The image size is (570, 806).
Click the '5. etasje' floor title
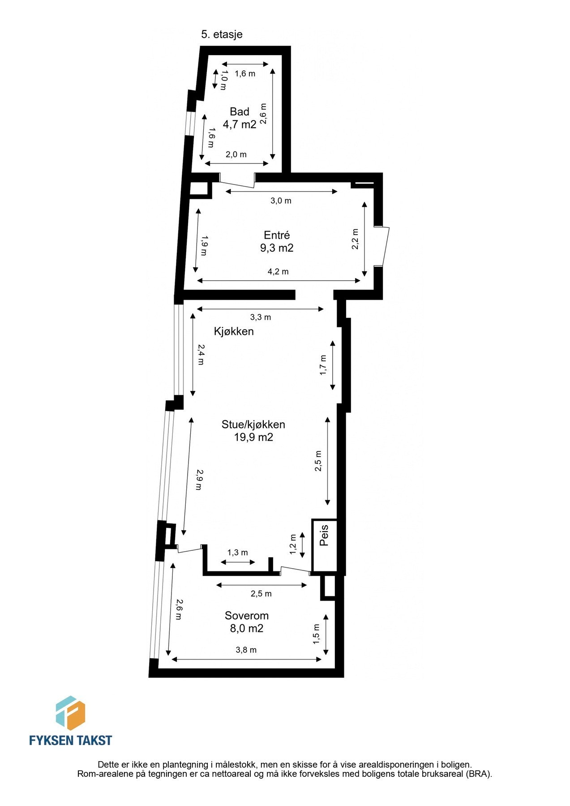(x=222, y=34)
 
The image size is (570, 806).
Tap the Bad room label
(x=239, y=112)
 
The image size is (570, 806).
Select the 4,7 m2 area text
(x=240, y=124)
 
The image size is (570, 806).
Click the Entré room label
(x=277, y=235)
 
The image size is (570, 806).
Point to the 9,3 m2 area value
(x=277, y=248)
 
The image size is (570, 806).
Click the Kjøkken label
(x=234, y=331)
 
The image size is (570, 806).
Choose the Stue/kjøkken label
(x=253, y=424)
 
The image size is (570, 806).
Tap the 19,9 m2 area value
(x=253, y=437)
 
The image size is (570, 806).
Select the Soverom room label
(x=247, y=616)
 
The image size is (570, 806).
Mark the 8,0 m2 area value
(x=247, y=628)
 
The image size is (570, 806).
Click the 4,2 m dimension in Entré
(x=278, y=272)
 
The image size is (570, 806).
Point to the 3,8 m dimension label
(x=246, y=650)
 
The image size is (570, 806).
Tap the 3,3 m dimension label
(x=261, y=317)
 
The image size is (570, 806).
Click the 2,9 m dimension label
(x=200, y=480)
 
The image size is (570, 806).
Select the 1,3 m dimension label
(x=238, y=553)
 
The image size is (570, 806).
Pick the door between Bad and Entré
(x=237, y=181)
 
